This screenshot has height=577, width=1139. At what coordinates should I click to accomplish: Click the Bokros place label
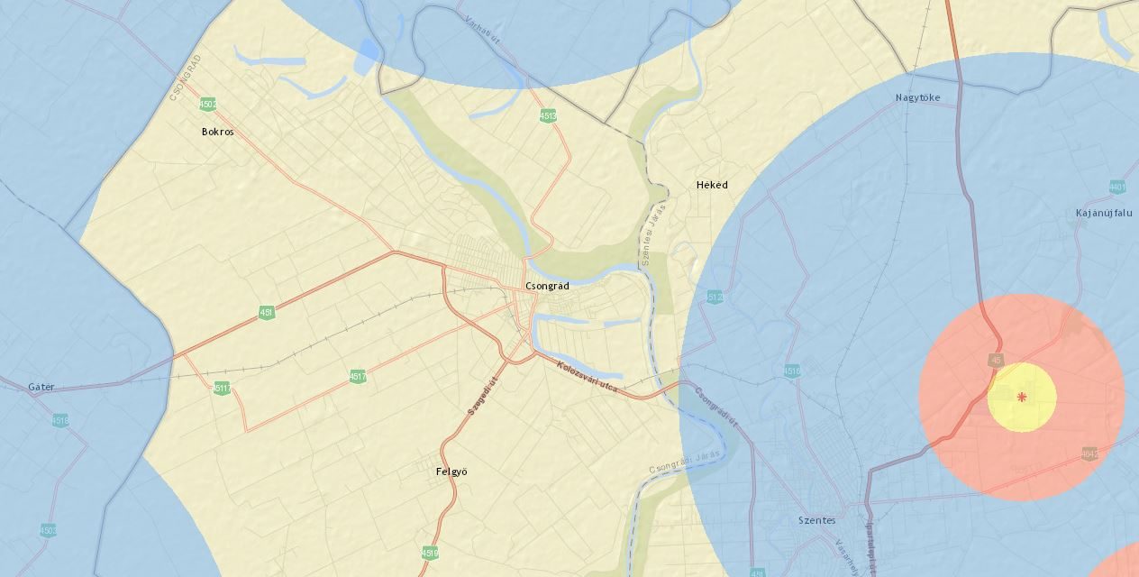pos(217,132)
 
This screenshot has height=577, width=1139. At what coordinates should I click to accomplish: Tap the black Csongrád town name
pos(547,286)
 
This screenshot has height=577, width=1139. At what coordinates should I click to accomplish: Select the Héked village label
pos(712,185)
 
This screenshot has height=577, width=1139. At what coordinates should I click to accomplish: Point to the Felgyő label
pos(451,472)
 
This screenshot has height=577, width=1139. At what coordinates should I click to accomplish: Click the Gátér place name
pos(41,387)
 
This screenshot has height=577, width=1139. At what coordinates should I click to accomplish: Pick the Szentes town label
pos(816,520)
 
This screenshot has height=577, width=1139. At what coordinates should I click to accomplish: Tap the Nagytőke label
pos(917,97)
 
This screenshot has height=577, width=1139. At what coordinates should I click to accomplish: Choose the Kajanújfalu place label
pos(1104,214)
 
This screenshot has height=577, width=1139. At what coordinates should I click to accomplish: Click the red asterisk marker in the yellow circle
pos(1022,397)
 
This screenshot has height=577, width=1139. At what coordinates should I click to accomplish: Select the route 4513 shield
pos(548,115)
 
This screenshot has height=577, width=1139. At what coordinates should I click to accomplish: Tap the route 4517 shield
pos(358,376)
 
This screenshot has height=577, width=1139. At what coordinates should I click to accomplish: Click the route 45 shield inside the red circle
pos(996,360)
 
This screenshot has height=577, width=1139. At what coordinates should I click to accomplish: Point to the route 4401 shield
pos(1117,188)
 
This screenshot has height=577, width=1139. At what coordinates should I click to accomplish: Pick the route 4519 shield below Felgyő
pos(430,553)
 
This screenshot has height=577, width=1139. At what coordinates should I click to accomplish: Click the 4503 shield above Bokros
pos(208,105)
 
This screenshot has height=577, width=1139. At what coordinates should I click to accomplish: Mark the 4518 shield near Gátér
pos(60,420)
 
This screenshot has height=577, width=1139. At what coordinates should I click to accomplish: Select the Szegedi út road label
pos(482,396)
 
